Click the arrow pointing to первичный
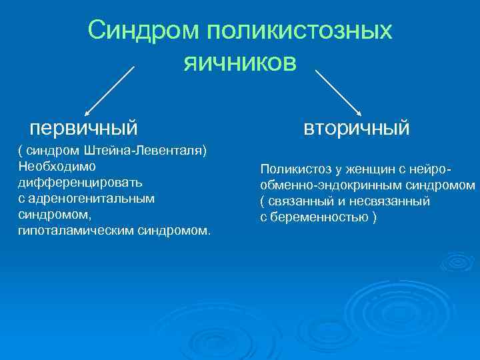pos(110,89)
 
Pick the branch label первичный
pos(84,126)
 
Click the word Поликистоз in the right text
pos(291,169)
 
